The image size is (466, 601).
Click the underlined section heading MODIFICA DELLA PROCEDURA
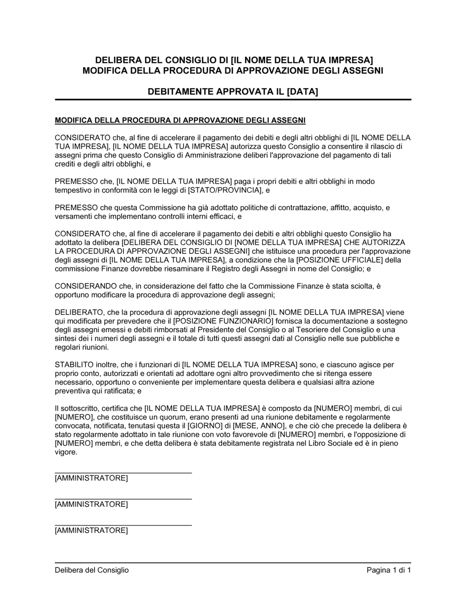[180, 121]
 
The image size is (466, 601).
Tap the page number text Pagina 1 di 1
[389, 570]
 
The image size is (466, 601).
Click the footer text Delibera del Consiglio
[92, 570]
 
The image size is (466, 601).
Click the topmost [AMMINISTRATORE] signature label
[91, 478]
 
